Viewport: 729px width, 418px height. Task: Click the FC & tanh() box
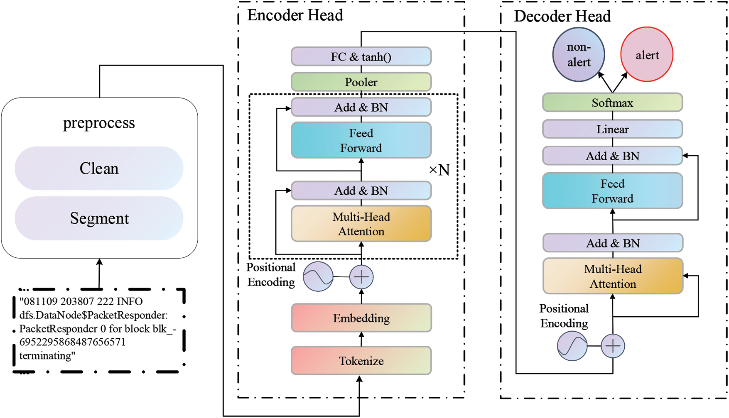[x=361, y=57]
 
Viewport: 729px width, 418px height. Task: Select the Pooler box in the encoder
[x=361, y=82]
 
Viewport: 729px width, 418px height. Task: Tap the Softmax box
[x=612, y=103]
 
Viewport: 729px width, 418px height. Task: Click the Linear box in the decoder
[x=612, y=129]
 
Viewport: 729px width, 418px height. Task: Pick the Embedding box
[x=361, y=318]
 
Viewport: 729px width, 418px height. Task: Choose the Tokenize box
[x=361, y=361]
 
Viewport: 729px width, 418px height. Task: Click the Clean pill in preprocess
[x=99, y=169]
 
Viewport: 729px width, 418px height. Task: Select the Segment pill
[x=99, y=218]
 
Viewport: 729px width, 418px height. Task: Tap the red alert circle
[x=647, y=55]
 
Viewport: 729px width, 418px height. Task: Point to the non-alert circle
[x=579, y=55]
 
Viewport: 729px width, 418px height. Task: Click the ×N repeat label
[x=439, y=170]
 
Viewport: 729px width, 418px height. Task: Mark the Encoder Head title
[x=295, y=15]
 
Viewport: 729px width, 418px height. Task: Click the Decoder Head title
[x=562, y=16]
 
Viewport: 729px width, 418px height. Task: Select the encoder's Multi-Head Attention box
[x=361, y=224]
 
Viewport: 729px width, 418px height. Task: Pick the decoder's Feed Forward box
[x=612, y=191]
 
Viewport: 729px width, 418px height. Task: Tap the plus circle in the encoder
[x=361, y=277]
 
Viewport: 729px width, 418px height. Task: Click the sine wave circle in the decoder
[x=572, y=346]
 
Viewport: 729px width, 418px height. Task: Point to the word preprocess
[x=99, y=123]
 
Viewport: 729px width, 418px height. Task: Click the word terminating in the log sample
[x=45, y=356]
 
